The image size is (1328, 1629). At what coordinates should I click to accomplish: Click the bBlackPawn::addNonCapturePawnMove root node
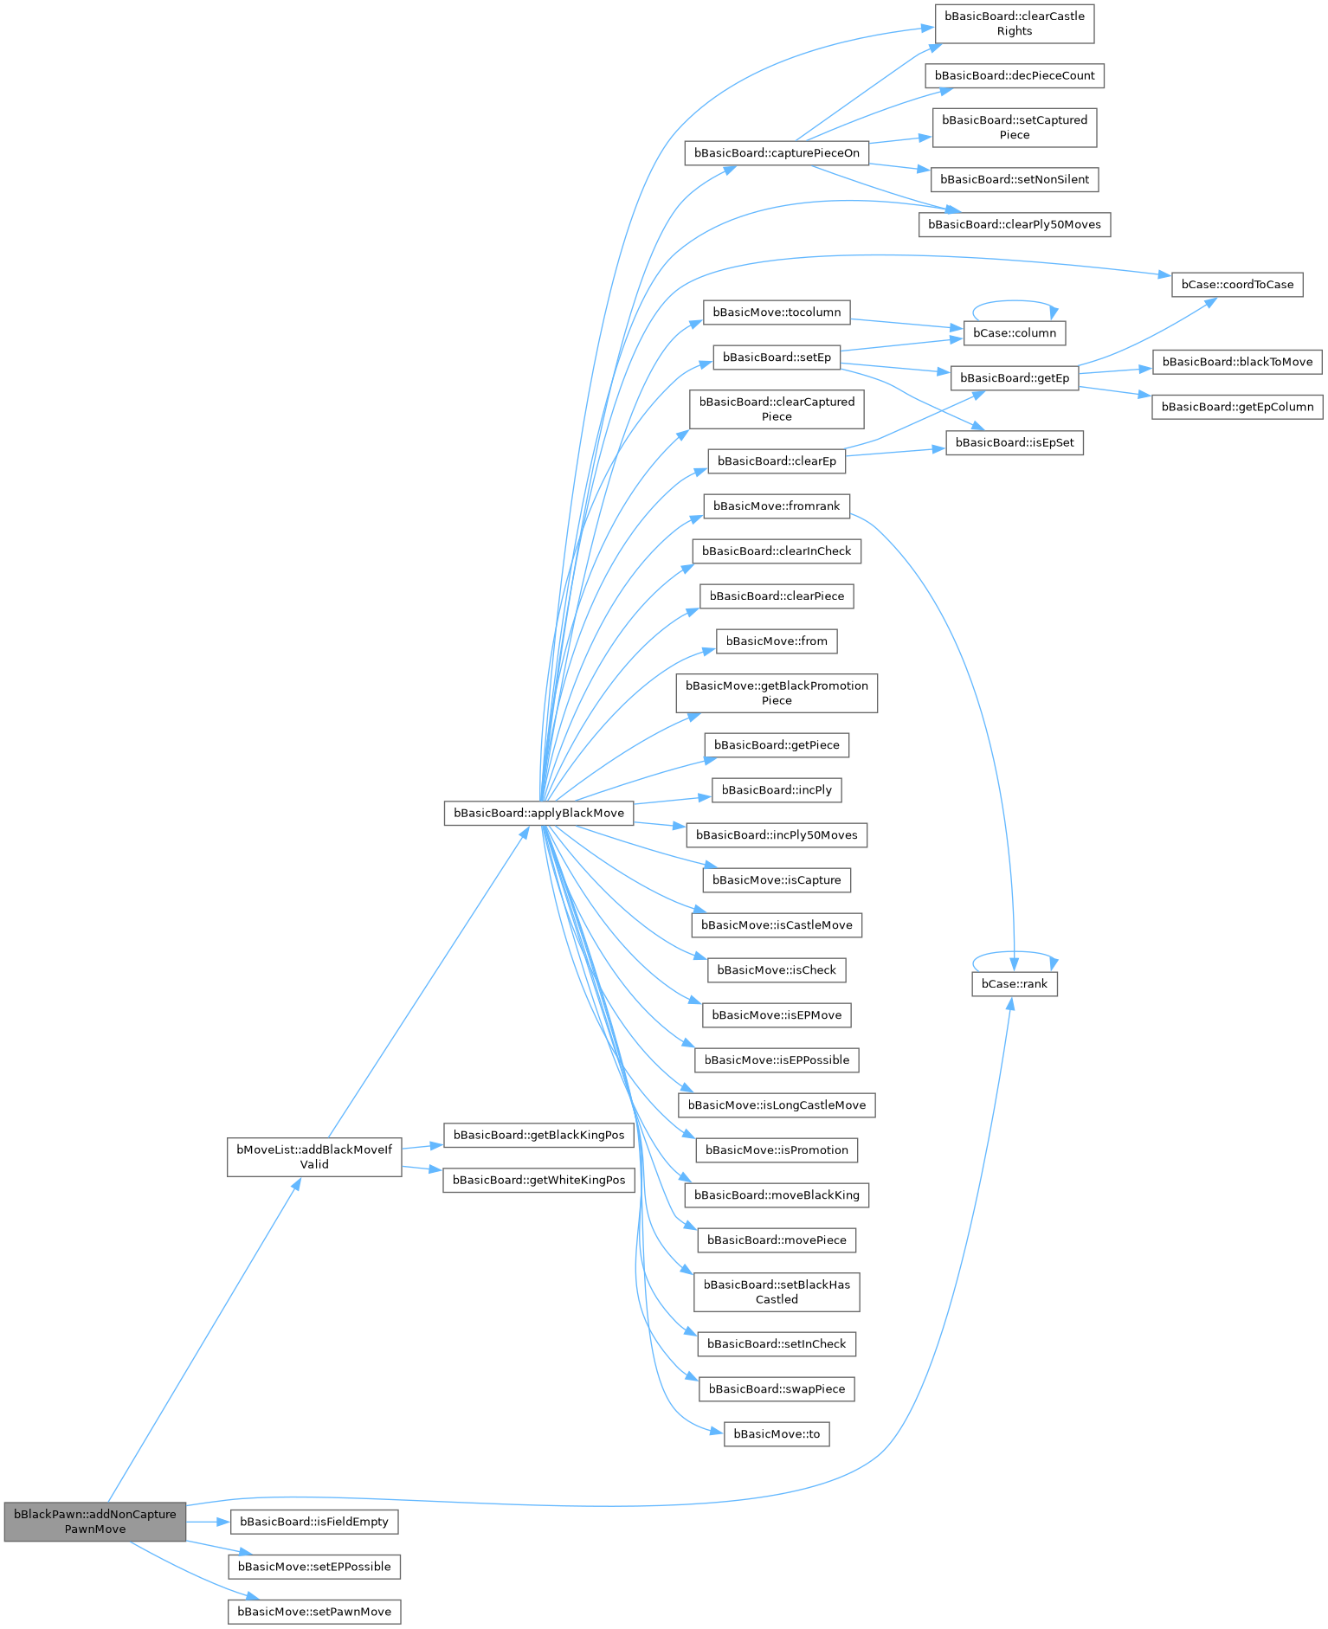click(95, 1521)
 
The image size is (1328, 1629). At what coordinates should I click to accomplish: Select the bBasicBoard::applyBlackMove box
click(538, 813)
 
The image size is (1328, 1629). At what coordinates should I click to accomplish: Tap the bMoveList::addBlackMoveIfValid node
click(314, 1156)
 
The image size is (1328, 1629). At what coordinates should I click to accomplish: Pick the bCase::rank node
click(1014, 984)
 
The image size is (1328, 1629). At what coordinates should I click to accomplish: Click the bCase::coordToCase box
click(1237, 284)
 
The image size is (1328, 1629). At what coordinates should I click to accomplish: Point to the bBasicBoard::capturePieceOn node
click(777, 153)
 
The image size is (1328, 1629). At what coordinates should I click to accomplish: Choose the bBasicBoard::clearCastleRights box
click(1014, 23)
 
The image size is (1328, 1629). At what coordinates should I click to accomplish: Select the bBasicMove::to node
click(777, 1434)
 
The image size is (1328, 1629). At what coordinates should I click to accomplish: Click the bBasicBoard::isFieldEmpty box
click(314, 1522)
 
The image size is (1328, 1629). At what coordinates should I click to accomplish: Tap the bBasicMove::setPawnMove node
click(314, 1612)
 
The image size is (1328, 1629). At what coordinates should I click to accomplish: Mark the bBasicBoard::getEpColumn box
click(1237, 407)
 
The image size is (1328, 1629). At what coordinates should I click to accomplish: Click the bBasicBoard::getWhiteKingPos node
click(538, 1180)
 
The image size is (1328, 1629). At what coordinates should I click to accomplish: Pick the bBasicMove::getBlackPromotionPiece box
click(777, 692)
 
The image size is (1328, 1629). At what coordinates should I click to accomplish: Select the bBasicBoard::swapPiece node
click(777, 1389)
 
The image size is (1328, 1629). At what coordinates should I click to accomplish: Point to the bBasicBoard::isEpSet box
click(1014, 442)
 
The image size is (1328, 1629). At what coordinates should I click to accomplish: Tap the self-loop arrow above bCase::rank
click(1014, 952)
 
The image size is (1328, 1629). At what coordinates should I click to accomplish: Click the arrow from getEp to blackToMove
click(1115, 370)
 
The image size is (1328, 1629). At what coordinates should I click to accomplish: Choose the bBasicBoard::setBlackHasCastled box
click(777, 1291)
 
